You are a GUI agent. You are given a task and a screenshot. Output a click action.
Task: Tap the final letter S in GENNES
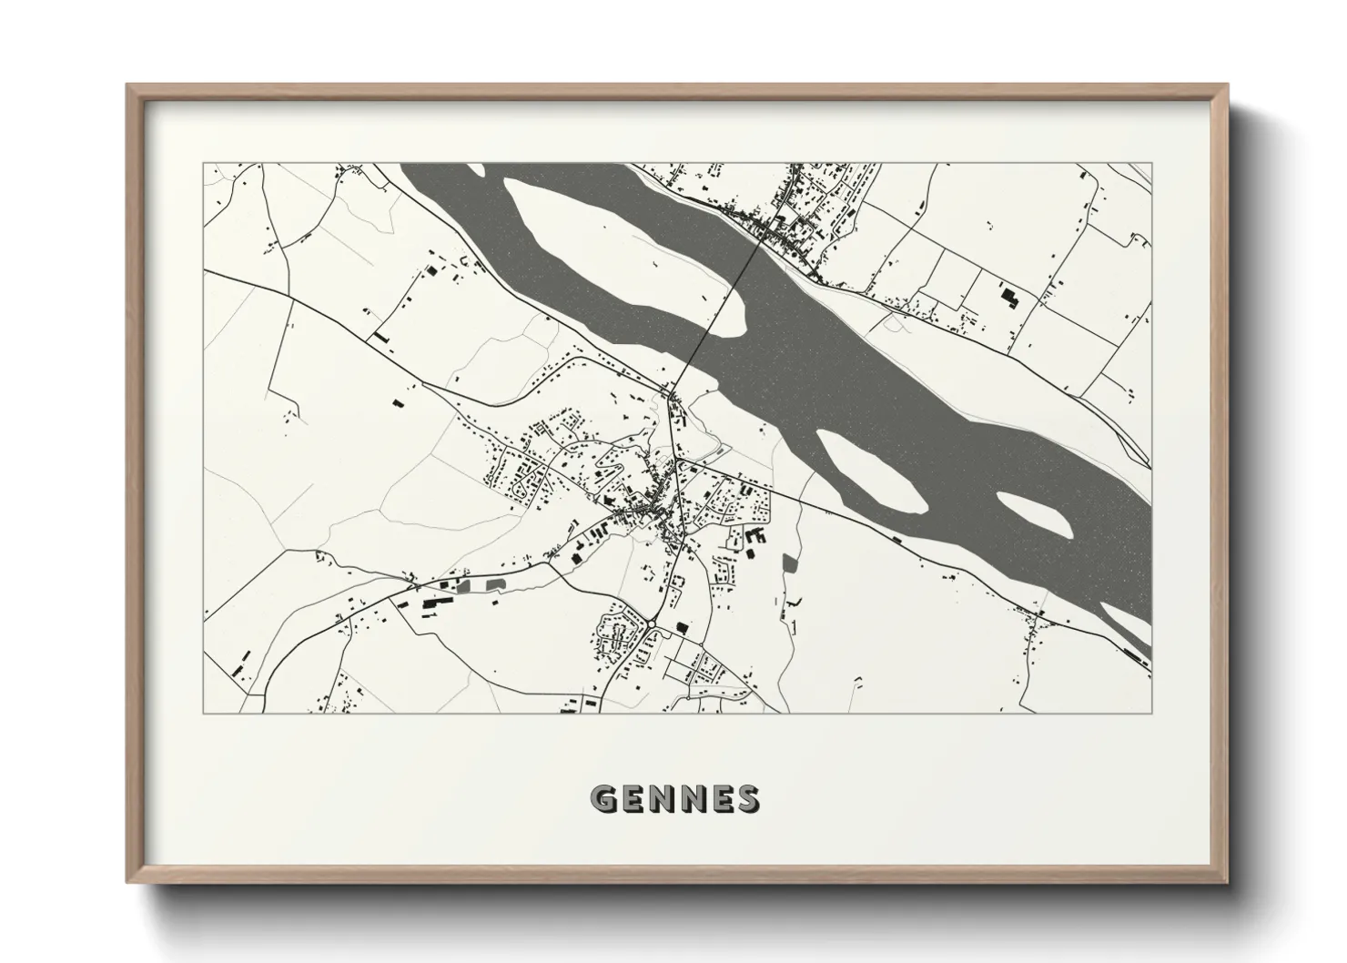coord(746,799)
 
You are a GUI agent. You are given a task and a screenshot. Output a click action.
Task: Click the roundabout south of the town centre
coord(653,623)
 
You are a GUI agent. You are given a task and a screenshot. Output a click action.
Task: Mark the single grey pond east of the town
coord(789,563)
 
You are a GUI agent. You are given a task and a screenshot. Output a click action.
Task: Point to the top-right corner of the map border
coord(1151,164)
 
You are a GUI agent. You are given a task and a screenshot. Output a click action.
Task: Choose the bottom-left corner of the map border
coord(204,713)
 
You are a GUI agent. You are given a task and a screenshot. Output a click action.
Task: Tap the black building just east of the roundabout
coord(682,625)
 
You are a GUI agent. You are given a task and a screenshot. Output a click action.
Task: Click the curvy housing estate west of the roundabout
coord(613,633)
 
